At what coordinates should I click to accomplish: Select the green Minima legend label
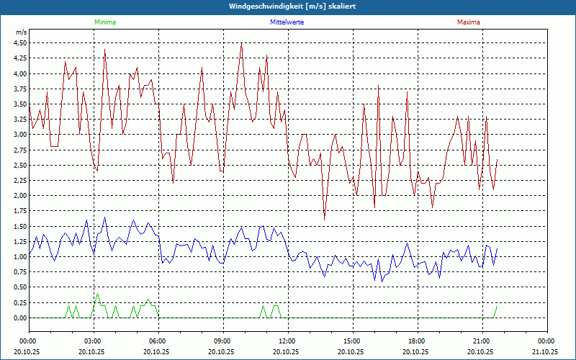[104, 22]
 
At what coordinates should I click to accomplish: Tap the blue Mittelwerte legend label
[287, 22]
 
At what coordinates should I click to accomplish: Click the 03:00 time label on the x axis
[93, 341]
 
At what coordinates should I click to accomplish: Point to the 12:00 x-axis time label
[287, 341]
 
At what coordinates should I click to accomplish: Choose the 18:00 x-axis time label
[416, 341]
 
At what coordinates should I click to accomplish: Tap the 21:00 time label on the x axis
[481, 341]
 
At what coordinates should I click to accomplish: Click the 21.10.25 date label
[545, 352]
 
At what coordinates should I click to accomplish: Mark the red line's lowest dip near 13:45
[324, 219]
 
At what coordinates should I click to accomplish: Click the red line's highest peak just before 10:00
[241, 43]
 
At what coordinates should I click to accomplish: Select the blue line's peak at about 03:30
[104, 217]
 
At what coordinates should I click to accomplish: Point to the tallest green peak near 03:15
[97, 294]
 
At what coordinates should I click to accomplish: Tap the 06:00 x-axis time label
[158, 341]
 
